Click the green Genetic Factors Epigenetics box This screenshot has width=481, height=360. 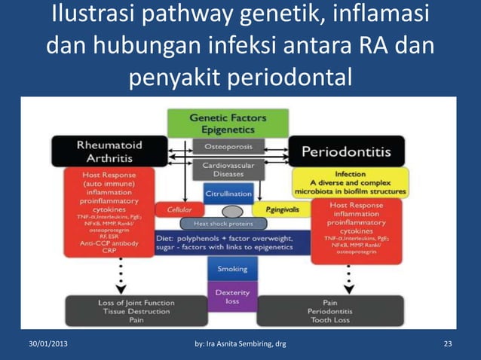pyautogui.click(x=227, y=124)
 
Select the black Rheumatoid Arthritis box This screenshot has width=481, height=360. pyautogui.click(x=100, y=151)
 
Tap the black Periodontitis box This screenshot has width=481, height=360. pyautogui.click(x=346, y=151)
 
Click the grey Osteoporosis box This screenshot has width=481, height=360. pyautogui.click(x=228, y=145)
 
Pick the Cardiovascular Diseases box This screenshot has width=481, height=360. pyautogui.click(x=228, y=169)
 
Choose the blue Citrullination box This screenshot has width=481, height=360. pyautogui.click(x=228, y=193)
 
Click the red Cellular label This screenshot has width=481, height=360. pyautogui.click(x=179, y=209)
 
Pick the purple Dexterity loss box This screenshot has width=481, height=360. pyautogui.click(x=232, y=295)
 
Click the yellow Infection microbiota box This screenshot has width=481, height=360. pyautogui.click(x=350, y=182)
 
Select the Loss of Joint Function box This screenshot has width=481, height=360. pyautogui.click(x=115, y=310)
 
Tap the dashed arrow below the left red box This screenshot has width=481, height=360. pyautogui.click(x=118, y=279)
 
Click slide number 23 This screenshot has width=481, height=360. pyautogui.click(x=448, y=345)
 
